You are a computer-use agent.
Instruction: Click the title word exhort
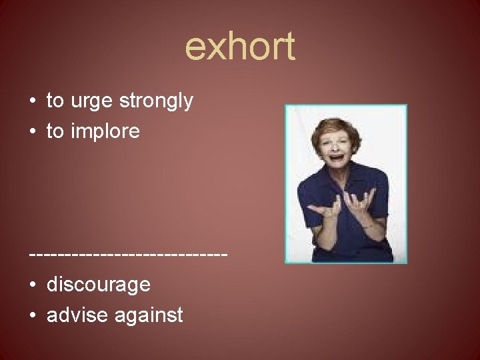[240, 47]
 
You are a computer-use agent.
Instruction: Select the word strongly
[155, 102]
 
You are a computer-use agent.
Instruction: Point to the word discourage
[98, 285]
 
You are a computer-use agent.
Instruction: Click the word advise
[77, 315]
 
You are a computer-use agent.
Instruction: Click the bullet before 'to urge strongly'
[33, 102]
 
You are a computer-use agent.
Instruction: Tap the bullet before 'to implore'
[33, 132]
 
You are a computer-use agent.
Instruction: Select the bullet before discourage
[33, 285]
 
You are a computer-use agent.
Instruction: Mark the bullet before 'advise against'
[33, 315]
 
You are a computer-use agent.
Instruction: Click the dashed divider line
[129, 255]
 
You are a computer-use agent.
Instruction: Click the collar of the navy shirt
[340, 175]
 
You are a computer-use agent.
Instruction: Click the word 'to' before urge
[55, 102]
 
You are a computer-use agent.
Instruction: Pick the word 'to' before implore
[55, 132]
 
